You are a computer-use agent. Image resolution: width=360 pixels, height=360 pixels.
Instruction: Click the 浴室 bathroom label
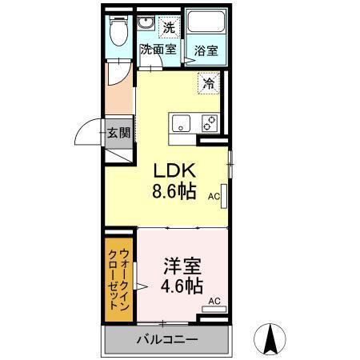pyautogui.click(x=206, y=50)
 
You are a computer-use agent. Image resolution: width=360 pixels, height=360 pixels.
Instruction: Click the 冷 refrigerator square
pyautogui.click(x=208, y=82)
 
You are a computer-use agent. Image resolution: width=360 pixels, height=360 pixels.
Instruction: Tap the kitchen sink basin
pyautogui.click(x=181, y=123)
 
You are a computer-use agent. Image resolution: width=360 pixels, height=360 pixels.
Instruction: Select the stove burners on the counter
pyautogui.click(x=209, y=123)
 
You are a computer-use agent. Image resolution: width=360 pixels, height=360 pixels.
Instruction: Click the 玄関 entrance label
pyautogui.click(x=119, y=133)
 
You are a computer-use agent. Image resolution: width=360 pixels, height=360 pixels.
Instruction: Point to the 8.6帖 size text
pyautogui.click(x=175, y=193)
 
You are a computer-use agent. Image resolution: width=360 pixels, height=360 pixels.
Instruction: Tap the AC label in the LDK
pyautogui.click(x=214, y=195)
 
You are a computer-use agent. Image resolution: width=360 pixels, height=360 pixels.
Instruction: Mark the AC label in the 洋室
pyautogui.click(x=214, y=300)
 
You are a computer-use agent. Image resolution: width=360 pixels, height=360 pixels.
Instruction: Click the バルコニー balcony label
pyautogui.click(x=166, y=341)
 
